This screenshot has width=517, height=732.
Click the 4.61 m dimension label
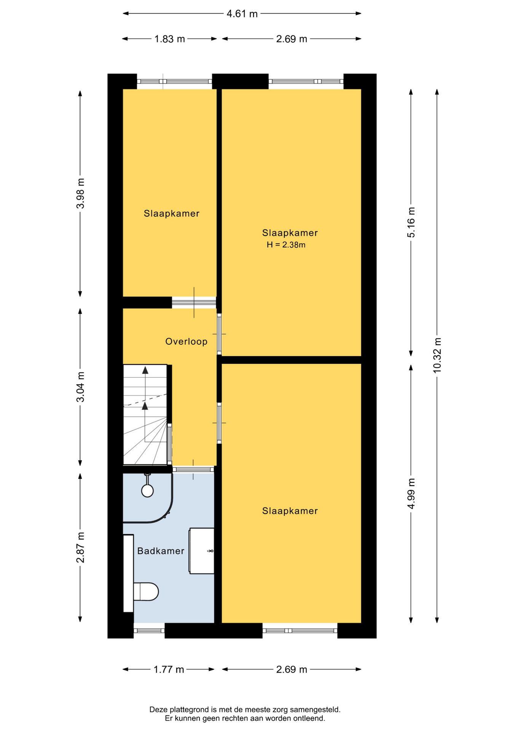tap(242, 14)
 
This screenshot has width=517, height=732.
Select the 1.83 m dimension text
tap(169, 39)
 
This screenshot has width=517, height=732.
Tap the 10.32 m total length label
tap(437, 355)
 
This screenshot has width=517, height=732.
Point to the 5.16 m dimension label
tap(411, 222)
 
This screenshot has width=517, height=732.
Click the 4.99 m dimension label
tap(411, 493)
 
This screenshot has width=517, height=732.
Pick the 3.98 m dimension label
tap(80, 193)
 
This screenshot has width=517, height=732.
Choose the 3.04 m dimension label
tap(80, 387)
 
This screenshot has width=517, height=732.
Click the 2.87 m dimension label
tap(80, 547)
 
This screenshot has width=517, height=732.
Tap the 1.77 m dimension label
tap(169, 669)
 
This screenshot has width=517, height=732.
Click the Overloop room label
tap(187, 342)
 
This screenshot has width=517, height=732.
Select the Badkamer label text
tap(161, 551)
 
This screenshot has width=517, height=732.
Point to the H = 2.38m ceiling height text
tap(286, 245)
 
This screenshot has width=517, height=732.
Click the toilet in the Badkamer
tap(146, 591)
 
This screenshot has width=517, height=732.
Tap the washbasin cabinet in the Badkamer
tap(201, 551)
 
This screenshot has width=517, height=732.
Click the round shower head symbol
tap(147, 491)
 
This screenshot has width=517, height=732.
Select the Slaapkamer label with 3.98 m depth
tap(171, 213)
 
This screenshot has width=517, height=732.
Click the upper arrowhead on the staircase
tap(145, 370)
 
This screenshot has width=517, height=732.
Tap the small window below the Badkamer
tap(149, 631)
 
